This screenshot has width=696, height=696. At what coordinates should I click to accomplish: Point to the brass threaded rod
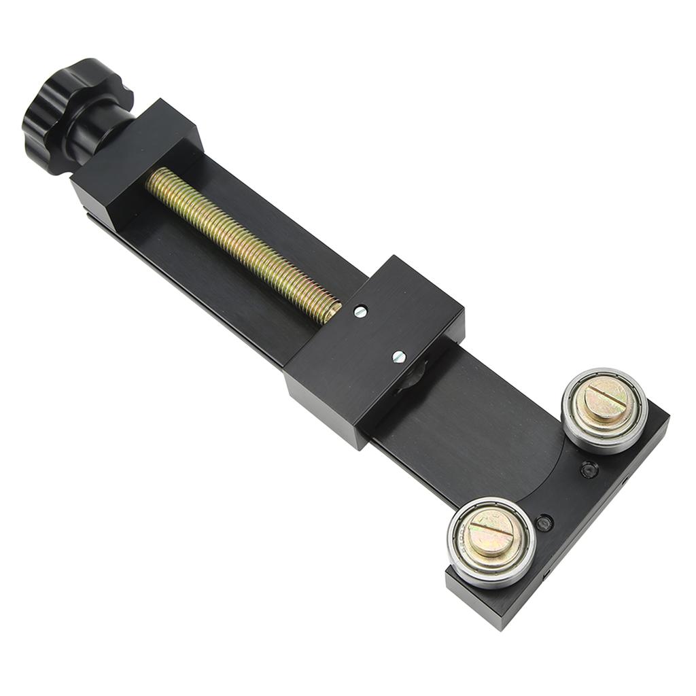(238, 238)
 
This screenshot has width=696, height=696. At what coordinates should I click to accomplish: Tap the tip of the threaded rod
(334, 311)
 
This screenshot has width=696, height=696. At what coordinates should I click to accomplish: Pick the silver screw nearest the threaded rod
(360, 311)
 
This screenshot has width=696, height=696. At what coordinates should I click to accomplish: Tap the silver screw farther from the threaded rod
(399, 356)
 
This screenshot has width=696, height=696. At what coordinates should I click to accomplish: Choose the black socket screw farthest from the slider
(544, 523)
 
